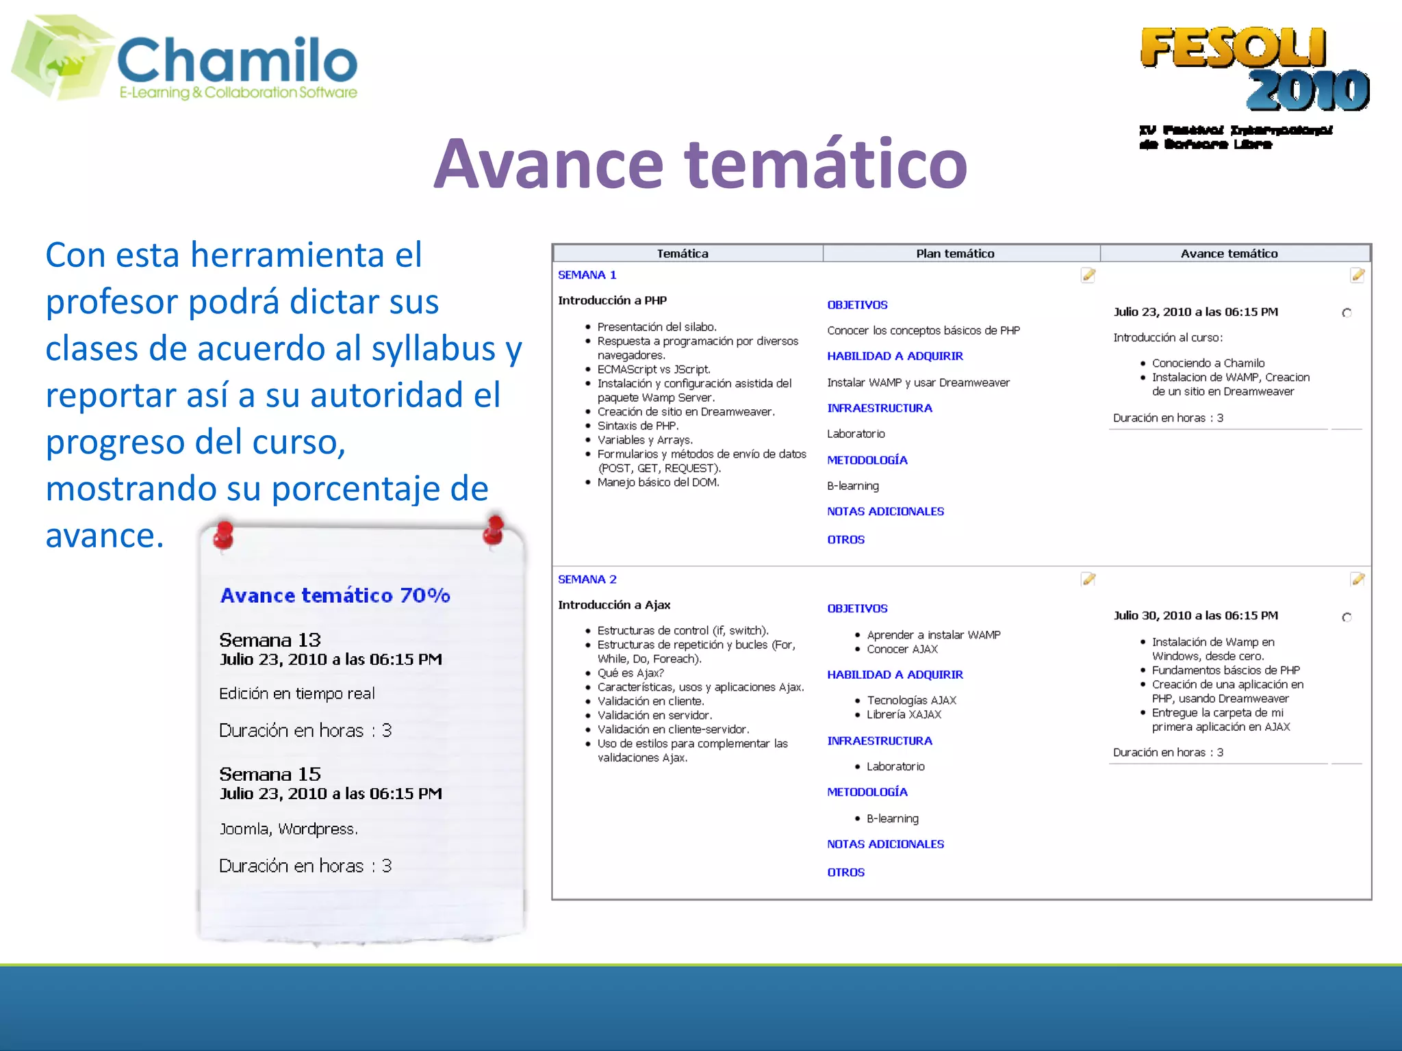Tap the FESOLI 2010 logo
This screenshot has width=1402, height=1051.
1254,68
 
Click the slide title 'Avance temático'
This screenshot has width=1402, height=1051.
700,164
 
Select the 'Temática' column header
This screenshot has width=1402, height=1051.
683,254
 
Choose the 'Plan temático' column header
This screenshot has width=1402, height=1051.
955,254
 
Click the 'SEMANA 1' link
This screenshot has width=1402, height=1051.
587,275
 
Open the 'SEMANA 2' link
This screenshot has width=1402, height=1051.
587,580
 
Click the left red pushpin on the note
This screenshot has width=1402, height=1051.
223,535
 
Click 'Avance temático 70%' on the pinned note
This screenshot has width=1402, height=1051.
335,595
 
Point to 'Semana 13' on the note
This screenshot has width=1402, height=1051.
270,640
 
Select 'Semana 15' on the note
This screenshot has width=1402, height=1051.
270,775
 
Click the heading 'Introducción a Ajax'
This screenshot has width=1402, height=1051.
614,605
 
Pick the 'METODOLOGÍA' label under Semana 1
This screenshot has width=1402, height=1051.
867,460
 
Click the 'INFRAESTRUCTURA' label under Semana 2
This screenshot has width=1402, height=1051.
879,741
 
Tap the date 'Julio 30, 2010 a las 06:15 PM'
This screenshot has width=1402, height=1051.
1195,616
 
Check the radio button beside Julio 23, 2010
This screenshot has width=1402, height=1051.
1347,313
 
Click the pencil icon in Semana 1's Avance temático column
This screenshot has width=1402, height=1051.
1358,275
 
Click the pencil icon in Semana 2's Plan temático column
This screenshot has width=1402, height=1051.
1088,580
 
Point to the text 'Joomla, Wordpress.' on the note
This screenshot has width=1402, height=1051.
288,829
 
